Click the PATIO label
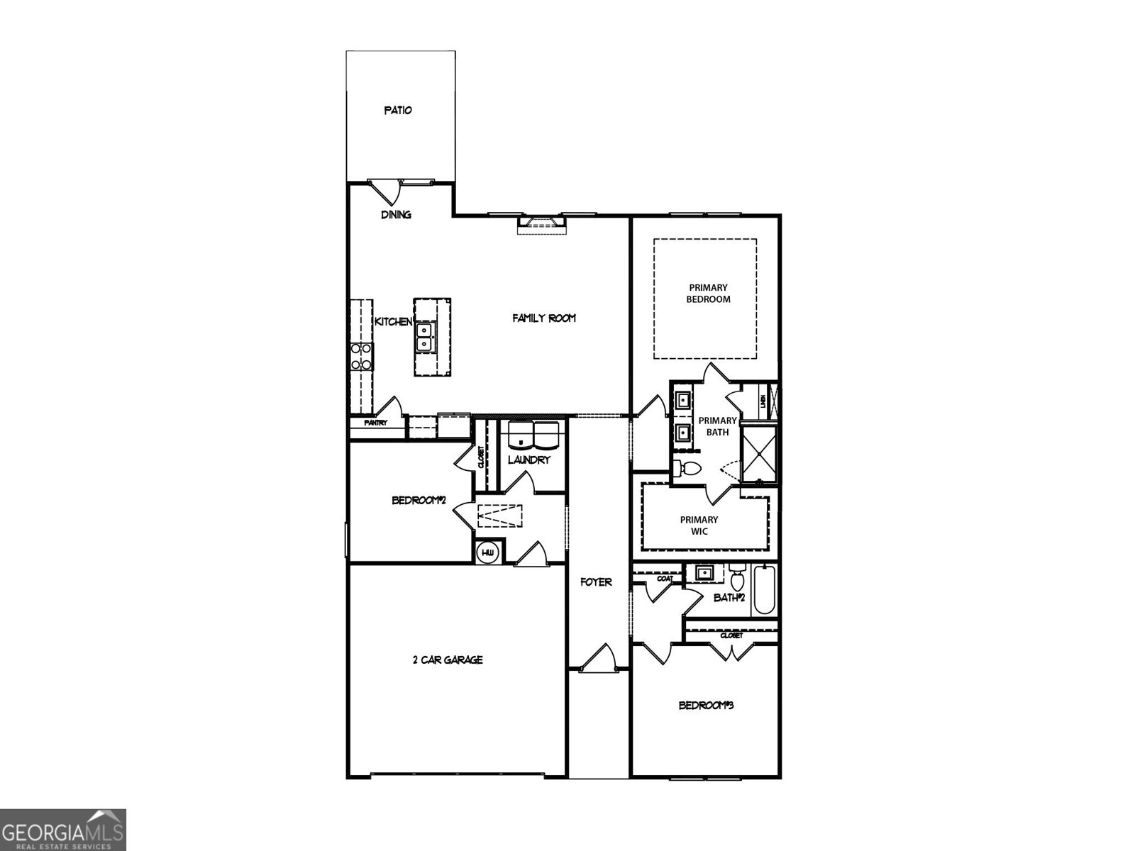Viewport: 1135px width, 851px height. pos(398,111)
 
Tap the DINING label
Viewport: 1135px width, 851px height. pos(396,215)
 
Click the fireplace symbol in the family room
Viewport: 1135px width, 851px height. pos(543,225)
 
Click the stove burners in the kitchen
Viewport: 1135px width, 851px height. pos(362,356)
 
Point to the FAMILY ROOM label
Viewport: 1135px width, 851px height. pos(544,318)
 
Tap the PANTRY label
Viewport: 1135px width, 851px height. pos(375,423)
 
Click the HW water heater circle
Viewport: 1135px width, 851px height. pos(488,552)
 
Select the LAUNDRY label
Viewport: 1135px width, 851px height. pos(529,460)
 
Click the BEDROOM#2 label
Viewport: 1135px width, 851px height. pos(419,501)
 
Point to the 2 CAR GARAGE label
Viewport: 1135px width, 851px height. pos(448,660)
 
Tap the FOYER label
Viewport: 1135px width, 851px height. pos(596,582)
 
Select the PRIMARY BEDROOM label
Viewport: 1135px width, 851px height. pos(708,294)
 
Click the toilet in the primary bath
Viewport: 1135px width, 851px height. pos(687,468)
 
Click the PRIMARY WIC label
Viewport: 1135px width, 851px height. pos(699,525)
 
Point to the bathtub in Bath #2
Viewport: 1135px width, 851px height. pos(765,589)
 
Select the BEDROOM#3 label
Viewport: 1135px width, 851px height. pos(705,706)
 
